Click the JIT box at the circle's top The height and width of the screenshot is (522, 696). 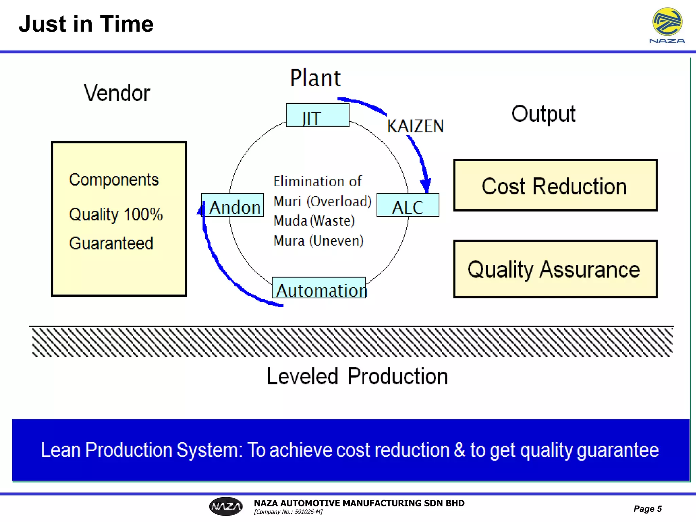coord(317,116)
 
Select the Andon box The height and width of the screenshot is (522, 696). coord(232,205)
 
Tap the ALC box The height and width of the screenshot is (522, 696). coord(407,205)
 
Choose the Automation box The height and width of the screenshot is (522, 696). coord(319,288)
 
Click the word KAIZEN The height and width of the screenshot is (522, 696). coord(415,126)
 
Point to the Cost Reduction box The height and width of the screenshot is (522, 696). coord(555,186)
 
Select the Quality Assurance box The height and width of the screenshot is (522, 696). coord(555,269)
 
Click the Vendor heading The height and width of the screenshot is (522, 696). coord(117,93)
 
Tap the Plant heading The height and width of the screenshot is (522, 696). coord(315,78)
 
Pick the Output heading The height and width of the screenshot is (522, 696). coord(543,114)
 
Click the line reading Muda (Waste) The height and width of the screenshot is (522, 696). coord(314,221)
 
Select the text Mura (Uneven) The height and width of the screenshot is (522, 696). coord(318,241)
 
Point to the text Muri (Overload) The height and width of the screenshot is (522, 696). coord(322,201)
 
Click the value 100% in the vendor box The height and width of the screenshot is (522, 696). coord(143,214)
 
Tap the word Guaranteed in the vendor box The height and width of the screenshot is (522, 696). coord(111,243)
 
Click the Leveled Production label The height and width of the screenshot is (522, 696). coord(357,377)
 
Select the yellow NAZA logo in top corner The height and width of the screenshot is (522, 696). coord(667,22)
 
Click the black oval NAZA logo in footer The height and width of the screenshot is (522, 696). coord(226,506)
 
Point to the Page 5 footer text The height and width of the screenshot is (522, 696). coord(647,509)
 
